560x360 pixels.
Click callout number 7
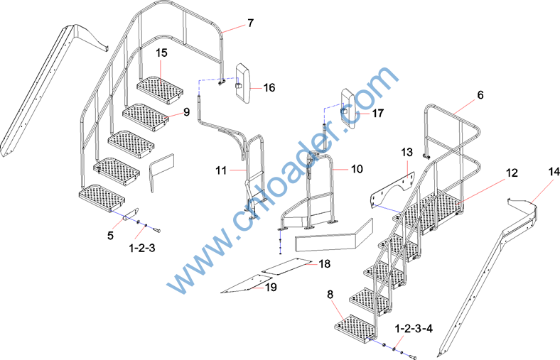(x=250, y=23)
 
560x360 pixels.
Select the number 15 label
(x=161, y=53)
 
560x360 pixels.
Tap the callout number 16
(x=269, y=88)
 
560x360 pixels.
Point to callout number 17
(x=377, y=114)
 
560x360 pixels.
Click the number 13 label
(x=406, y=153)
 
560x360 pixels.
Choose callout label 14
(x=554, y=172)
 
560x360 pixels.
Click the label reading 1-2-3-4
(x=414, y=329)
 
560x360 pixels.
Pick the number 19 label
(x=271, y=287)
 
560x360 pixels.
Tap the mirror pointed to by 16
(x=244, y=84)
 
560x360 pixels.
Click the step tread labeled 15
(x=160, y=89)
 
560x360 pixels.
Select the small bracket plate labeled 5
(x=131, y=214)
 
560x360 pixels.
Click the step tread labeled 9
(x=146, y=117)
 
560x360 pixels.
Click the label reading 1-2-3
(x=142, y=248)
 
